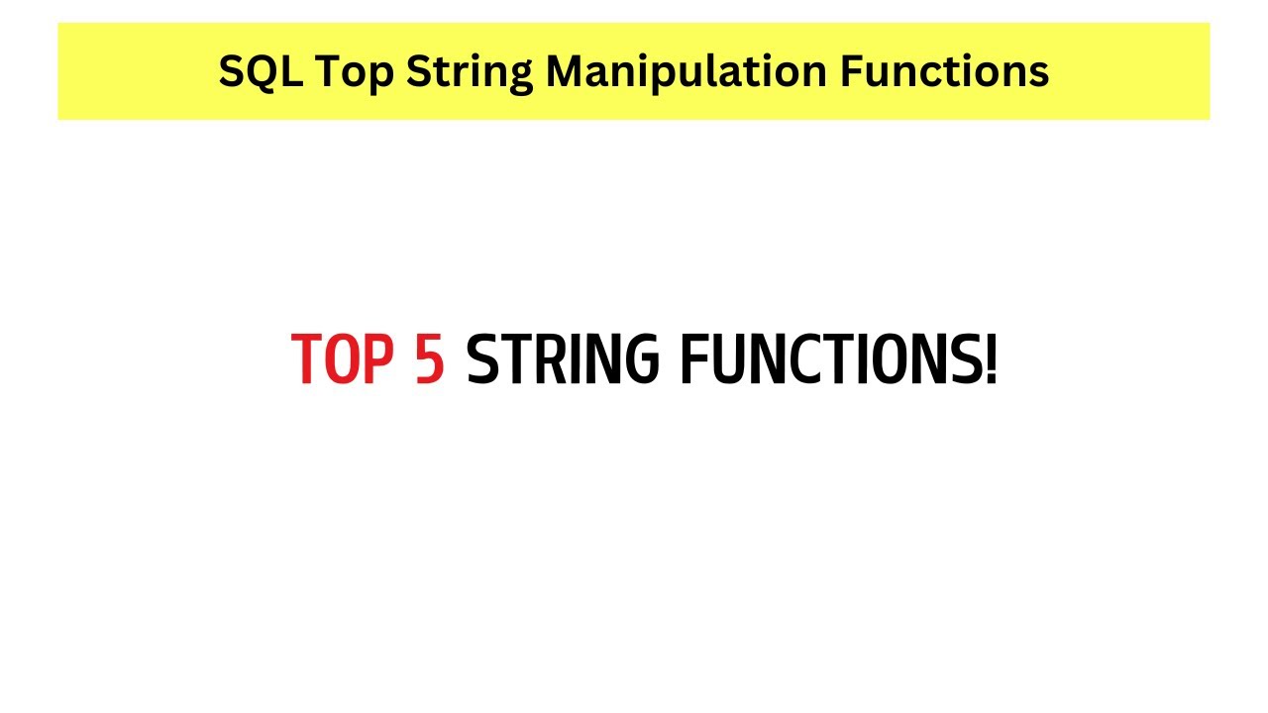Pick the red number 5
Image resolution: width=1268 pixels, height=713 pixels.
click(429, 359)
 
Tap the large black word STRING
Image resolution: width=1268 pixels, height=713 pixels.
click(563, 359)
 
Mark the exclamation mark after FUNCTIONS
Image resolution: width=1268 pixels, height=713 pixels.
click(991, 359)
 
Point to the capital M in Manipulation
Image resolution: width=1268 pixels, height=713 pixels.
click(566, 71)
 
